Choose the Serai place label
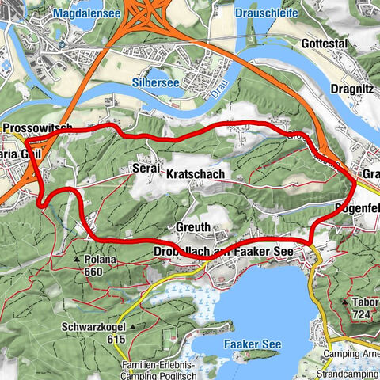pyautogui.click(x=146, y=169)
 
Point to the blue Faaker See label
pyautogui.click(x=251, y=345)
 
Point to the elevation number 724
pyautogui.click(x=363, y=314)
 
